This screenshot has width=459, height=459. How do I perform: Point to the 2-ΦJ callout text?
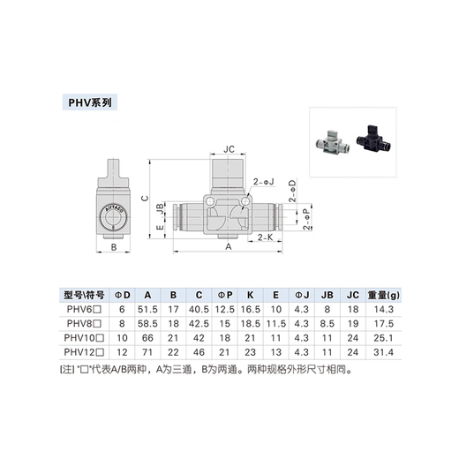click(x=265, y=181)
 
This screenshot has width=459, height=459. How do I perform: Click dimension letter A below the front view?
click(x=229, y=248)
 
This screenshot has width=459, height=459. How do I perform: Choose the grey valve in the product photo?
click(x=332, y=137)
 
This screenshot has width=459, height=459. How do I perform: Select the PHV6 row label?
click(x=86, y=309)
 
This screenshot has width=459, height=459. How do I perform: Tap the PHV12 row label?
click(x=86, y=351)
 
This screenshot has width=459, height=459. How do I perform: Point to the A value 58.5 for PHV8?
click(x=149, y=323)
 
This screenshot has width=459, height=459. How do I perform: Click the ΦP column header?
click(x=226, y=295)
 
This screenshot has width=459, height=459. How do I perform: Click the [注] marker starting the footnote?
click(x=67, y=372)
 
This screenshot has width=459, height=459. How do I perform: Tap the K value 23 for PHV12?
click(x=251, y=351)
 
